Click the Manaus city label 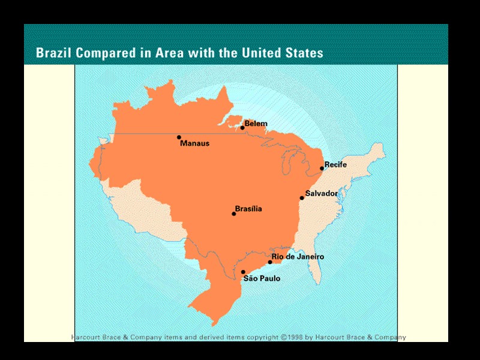194,144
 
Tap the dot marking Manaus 179,137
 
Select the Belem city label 256,124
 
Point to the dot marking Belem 242,128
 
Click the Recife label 335,164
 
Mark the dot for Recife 322,169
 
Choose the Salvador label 322,193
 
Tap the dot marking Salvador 302,198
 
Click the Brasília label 248,209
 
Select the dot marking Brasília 234,214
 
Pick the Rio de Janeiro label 298,257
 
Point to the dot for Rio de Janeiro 270,262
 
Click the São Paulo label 262,278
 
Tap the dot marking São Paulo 243,272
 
